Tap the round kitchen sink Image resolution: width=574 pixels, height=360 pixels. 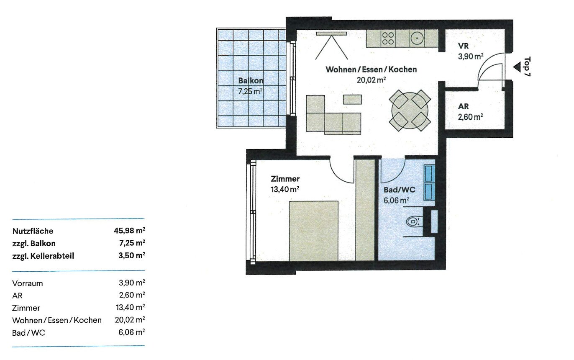click(417, 39)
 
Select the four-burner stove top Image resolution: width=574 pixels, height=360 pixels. click(388, 39)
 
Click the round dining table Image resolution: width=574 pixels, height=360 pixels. click(410, 111)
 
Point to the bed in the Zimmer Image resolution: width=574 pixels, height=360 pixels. click(314, 231)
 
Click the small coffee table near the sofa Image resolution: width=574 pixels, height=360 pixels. click(352, 100)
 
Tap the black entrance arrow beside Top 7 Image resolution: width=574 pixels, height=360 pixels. click(517, 67)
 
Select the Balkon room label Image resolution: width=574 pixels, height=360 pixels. click(251, 81)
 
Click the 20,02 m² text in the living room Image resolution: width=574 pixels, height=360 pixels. click(372, 80)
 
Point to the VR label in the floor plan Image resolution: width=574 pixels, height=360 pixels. click(463, 46)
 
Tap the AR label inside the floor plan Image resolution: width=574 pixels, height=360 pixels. click(463, 106)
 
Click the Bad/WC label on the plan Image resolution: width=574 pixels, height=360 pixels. click(399, 190)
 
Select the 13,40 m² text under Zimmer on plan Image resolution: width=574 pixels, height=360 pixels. click(285, 190)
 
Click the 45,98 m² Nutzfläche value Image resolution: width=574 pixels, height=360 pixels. click(129, 231)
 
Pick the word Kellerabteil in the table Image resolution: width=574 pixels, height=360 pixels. click(52, 256)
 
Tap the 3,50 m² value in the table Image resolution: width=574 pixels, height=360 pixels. click(132, 256)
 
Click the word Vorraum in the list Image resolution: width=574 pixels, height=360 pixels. click(28, 283)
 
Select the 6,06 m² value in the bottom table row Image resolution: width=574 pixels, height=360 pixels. click(132, 332)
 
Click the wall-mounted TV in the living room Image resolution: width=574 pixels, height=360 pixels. click(331, 33)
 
